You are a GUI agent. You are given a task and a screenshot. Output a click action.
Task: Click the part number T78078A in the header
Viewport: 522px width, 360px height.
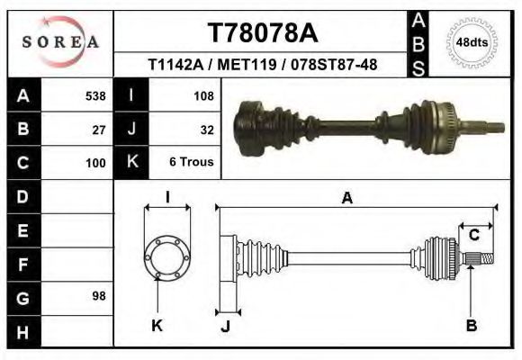click(x=262, y=33)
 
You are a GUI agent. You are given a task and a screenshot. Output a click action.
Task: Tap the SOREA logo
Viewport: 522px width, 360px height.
click(x=60, y=42)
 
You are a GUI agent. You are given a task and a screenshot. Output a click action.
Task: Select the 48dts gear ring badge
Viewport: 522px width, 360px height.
click(x=472, y=42)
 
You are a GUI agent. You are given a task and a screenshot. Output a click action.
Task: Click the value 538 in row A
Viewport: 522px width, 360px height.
click(x=94, y=94)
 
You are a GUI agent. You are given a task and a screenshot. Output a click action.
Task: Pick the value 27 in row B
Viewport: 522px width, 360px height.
click(x=99, y=129)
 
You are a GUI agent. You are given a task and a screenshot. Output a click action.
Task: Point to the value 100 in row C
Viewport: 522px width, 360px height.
click(x=94, y=163)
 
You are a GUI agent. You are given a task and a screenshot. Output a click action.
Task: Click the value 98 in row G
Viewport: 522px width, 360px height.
click(x=99, y=295)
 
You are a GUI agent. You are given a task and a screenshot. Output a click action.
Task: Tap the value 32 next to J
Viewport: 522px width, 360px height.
click(x=206, y=129)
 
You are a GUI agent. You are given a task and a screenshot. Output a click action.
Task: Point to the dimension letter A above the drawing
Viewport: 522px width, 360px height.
click(x=346, y=198)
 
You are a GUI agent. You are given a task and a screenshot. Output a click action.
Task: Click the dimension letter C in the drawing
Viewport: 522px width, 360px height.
click(x=473, y=235)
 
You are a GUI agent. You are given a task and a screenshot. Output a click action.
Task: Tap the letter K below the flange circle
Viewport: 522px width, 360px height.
click(x=157, y=326)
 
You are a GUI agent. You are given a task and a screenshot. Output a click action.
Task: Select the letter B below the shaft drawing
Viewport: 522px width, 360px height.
click(x=471, y=326)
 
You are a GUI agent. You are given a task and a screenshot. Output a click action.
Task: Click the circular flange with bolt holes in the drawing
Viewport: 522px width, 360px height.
click(x=166, y=257)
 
